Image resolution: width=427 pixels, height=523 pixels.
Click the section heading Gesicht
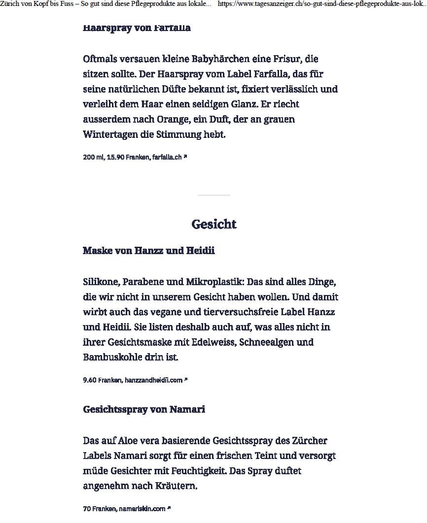[213, 225]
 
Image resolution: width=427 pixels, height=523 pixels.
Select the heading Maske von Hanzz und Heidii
[148, 251]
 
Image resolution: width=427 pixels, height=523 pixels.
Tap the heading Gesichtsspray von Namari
[143, 409]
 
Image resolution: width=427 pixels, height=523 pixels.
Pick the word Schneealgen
[266, 342]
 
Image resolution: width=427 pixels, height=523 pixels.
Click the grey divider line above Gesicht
[213, 196]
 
